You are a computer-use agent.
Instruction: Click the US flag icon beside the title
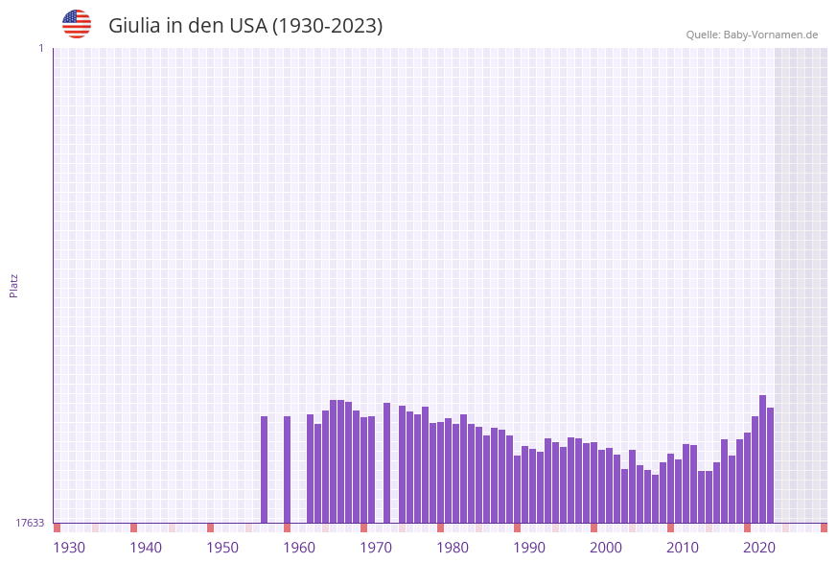tap(77, 24)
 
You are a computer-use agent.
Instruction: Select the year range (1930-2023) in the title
tap(327, 26)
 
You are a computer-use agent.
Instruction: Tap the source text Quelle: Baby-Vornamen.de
tap(752, 35)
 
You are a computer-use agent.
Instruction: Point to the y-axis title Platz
tap(14, 286)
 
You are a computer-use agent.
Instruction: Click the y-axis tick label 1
tap(40, 48)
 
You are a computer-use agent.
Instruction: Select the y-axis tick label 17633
tap(30, 523)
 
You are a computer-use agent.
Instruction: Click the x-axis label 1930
tap(69, 548)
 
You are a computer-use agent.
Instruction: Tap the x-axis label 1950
tap(222, 548)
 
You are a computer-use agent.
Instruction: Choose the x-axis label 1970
tap(376, 548)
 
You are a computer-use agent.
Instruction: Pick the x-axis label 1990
tap(529, 548)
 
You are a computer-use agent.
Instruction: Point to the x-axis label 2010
tap(683, 548)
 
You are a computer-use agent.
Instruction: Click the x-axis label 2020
tap(759, 548)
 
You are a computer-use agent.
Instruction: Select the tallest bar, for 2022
tap(762, 458)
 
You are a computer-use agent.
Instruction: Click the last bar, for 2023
tap(770, 465)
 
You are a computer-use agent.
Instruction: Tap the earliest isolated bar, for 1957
tap(265, 469)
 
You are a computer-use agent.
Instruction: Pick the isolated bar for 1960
tap(287, 469)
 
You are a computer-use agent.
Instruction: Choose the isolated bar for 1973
tap(386, 462)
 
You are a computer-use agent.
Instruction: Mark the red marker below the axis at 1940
tap(133, 528)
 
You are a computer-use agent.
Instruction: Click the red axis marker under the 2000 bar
tap(593, 528)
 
